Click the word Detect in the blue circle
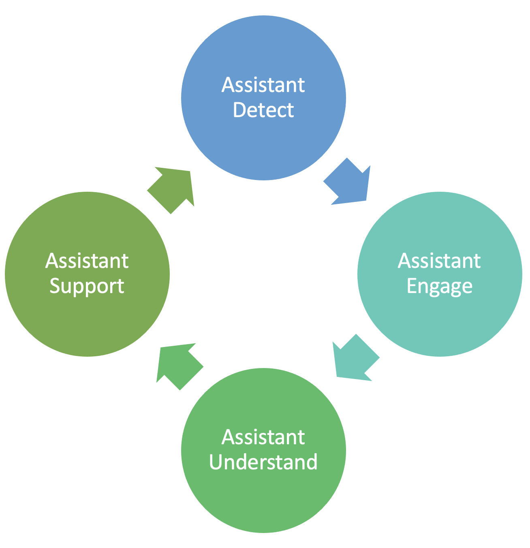(x=263, y=110)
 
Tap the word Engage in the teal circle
(x=440, y=287)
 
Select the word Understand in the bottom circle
(x=263, y=462)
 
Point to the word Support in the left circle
(x=87, y=287)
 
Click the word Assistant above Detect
(x=263, y=85)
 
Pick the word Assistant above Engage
(x=440, y=261)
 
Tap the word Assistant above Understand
(x=263, y=437)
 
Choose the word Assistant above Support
(x=87, y=261)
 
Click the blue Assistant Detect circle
(x=263, y=142)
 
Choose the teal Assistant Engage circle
(x=440, y=320)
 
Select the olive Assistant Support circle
(x=87, y=320)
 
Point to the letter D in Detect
(x=239, y=110)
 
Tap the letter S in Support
(x=55, y=286)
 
